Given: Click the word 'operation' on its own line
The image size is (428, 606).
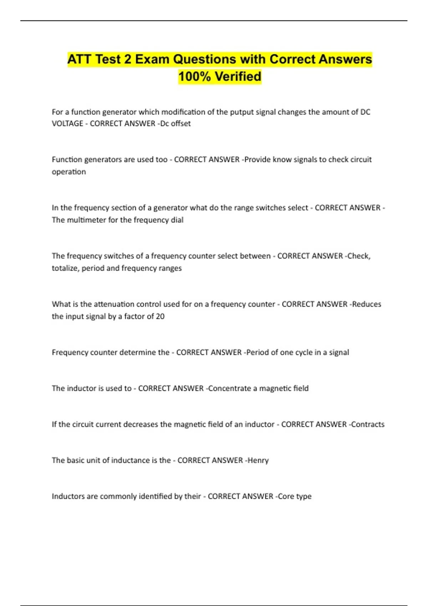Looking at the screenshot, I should point(69,172).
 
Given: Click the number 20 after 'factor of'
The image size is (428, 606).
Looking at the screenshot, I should point(160,316).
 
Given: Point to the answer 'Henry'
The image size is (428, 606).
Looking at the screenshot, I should point(258,460).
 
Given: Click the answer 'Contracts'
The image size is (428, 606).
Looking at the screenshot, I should point(368,424).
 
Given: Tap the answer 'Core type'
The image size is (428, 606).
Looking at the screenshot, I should point(295,496).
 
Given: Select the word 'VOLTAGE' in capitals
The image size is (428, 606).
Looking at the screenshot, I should point(67,123).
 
